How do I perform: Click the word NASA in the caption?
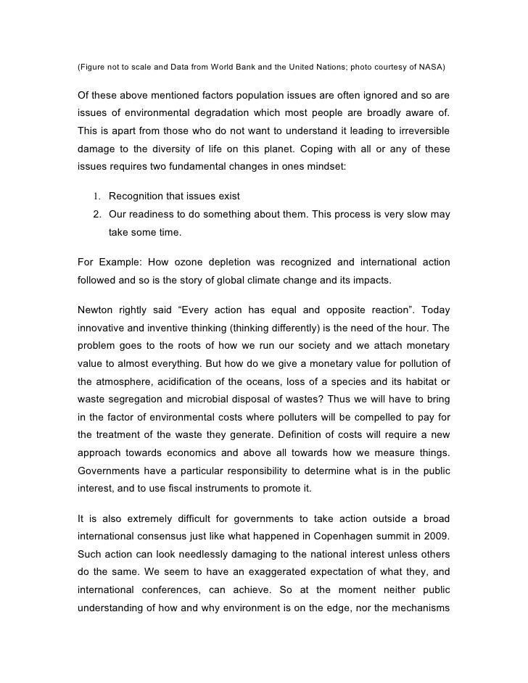(433, 67)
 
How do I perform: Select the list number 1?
(96, 197)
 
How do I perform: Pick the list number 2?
(96, 215)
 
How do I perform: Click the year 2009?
(436, 537)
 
